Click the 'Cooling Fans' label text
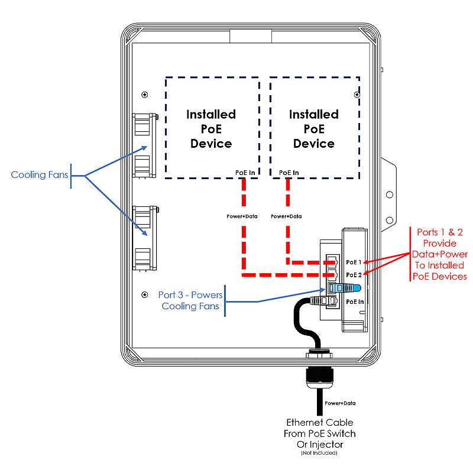click(39, 174)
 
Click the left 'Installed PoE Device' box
click(211, 128)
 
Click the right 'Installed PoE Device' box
click(314, 128)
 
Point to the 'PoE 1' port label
click(354, 261)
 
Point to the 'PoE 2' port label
click(354, 274)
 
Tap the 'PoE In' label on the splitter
click(355, 302)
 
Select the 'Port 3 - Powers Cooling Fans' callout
click(189, 300)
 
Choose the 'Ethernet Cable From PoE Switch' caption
click(320, 433)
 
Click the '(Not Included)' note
click(319, 453)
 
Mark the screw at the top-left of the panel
click(145, 95)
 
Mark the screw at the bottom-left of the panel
click(145, 294)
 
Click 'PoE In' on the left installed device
click(245, 173)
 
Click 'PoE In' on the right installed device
click(289, 173)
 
